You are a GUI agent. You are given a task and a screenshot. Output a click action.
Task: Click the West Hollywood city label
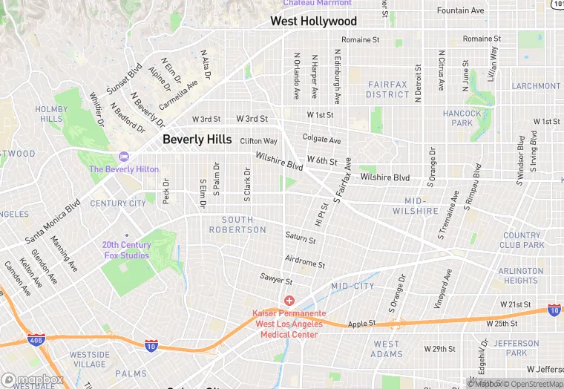pyautogui.click(x=313, y=22)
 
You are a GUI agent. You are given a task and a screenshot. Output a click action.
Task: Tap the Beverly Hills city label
pyautogui.click(x=197, y=140)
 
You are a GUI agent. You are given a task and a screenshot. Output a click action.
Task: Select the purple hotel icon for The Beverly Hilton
pyautogui.click(x=123, y=157)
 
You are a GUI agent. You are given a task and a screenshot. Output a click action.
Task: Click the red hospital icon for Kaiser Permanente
pyautogui.click(x=289, y=301)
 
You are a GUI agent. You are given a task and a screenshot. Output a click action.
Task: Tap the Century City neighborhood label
pyautogui.click(x=118, y=203)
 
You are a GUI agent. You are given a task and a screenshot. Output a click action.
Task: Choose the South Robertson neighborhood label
pyautogui.click(x=243, y=225)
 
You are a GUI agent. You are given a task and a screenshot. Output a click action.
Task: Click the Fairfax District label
pyautogui.click(x=387, y=90)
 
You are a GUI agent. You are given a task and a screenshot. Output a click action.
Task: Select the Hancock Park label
pyautogui.click(x=462, y=118)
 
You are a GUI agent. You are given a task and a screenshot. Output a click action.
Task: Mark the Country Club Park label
pyautogui.click(x=522, y=240)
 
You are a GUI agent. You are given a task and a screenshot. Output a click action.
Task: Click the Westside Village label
pyautogui.click(x=89, y=359)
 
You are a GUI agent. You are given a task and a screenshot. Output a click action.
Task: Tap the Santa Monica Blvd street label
pyautogui.click(x=53, y=220)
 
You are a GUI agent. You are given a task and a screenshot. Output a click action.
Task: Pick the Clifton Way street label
pyautogui.click(x=258, y=141)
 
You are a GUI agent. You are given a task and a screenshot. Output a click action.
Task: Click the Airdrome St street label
pyautogui.click(x=305, y=264)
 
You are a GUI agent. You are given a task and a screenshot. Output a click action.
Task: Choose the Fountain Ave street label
pyautogui.click(x=460, y=11)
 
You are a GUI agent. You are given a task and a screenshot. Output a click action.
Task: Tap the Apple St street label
pyautogui.click(x=363, y=324)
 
